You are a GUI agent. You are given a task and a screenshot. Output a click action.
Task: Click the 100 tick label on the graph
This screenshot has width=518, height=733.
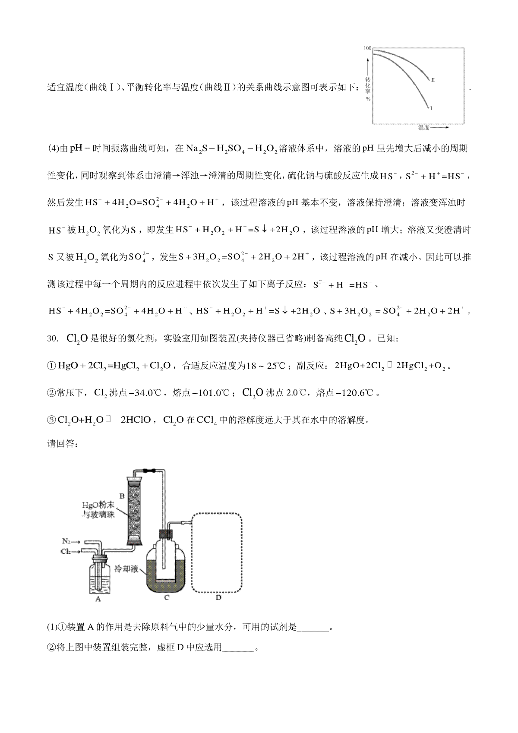(367, 48)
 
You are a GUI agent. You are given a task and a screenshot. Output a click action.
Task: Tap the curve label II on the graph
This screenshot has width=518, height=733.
(433, 80)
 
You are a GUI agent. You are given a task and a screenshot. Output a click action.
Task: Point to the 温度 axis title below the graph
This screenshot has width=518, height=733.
(423, 128)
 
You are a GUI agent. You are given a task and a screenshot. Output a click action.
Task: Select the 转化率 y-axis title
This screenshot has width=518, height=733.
(368, 86)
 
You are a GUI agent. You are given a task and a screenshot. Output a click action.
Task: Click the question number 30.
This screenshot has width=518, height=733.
(52, 338)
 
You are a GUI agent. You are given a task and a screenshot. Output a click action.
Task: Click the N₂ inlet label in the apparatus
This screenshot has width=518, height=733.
(66, 541)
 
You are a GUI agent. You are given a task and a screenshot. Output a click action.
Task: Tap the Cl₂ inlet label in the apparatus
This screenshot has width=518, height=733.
(66, 551)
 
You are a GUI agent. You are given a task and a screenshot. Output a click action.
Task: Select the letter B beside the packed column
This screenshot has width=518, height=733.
(122, 496)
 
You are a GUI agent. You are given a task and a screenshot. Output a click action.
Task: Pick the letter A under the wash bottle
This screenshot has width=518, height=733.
(98, 599)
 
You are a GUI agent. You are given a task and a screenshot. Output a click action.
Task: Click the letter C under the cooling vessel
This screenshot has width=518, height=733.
(167, 598)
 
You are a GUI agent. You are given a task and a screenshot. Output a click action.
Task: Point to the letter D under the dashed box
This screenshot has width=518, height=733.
(218, 598)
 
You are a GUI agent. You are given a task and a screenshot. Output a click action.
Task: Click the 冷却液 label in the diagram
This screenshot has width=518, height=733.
(126, 569)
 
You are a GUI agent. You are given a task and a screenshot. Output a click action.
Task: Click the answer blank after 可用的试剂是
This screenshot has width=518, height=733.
(313, 627)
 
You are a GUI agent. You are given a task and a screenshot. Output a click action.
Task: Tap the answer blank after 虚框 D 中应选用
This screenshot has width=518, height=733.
(238, 648)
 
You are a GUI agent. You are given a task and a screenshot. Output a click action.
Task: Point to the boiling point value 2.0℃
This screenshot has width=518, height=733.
(296, 393)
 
